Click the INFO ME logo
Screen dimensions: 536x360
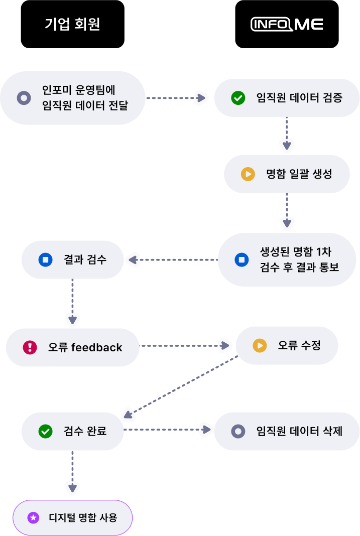(x=287, y=24)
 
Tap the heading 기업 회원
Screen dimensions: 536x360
(x=72, y=24)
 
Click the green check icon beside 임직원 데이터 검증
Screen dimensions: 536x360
(x=238, y=98)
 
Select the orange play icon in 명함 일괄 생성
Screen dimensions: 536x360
(x=248, y=174)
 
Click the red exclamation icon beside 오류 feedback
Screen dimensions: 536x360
(x=30, y=347)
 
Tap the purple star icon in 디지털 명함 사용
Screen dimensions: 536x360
(x=33, y=517)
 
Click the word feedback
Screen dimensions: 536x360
(x=97, y=347)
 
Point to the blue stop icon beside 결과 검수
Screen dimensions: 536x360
(x=46, y=260)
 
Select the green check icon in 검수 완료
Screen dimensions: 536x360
(x=46, y=431)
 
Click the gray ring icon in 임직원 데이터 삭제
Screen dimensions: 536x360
(x=238, y=431)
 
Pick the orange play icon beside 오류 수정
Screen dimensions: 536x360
(x=260, y=345)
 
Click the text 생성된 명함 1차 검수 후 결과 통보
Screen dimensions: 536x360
(x=299, y=259)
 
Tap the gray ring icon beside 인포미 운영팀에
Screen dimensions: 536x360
(x=24, y=98)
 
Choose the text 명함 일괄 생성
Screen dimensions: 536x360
(x=299, y=174)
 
